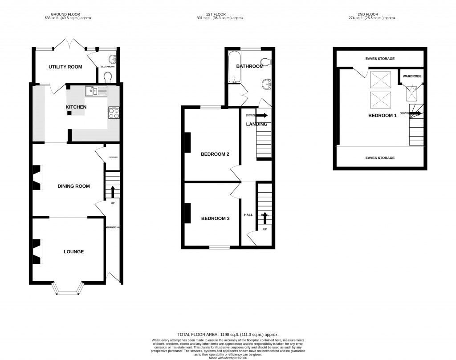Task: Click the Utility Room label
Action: tap(65, 67)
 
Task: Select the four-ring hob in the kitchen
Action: tap(114, 113)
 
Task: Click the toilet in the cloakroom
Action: tap(107, 78)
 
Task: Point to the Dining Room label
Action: tap(74, 186)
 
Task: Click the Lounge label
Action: tap(73, 252)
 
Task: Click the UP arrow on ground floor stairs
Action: tap(112, 192)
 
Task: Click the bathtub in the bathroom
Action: tap(234, 68)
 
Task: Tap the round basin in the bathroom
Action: tap(267, 83)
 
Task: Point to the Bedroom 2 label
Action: tap(215, 154)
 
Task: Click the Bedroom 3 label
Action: tap(215, 218)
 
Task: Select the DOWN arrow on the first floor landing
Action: tap(262, 115)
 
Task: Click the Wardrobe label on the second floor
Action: tap(412, 76)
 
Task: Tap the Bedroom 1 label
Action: tap(382, 116)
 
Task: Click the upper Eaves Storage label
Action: tap(380, 59)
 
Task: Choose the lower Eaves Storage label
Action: tap(380, 158)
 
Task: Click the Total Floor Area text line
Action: tap(228, 334)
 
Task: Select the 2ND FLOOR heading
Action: tap(372, 14)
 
